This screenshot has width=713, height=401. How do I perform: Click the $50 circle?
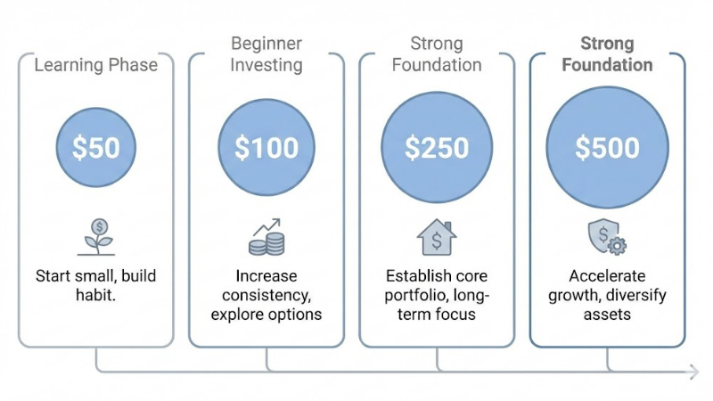tap(95, 147)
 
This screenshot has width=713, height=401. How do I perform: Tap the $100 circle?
tap(266, 147)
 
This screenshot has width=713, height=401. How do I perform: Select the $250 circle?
tap(437, 147)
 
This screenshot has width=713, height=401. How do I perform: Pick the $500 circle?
tap(607, 147)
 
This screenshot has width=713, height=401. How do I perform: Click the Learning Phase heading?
tap(95, 64)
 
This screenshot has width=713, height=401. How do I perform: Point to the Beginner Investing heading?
tap(266, 53)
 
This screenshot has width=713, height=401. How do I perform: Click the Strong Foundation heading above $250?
tap(437, 53)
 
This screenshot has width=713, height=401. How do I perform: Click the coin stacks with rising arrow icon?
tap(266, 236)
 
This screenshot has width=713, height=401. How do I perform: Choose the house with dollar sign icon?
tap(437, 236)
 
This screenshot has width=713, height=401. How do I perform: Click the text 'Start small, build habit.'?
tap(95, 285)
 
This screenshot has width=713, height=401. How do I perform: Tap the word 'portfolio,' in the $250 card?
tap(422, 295)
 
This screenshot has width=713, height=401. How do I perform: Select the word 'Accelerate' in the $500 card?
tap(607, 275)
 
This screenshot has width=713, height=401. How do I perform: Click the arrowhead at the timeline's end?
tap(693, 371)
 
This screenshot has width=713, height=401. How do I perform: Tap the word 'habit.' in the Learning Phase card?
tap(95, 295)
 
